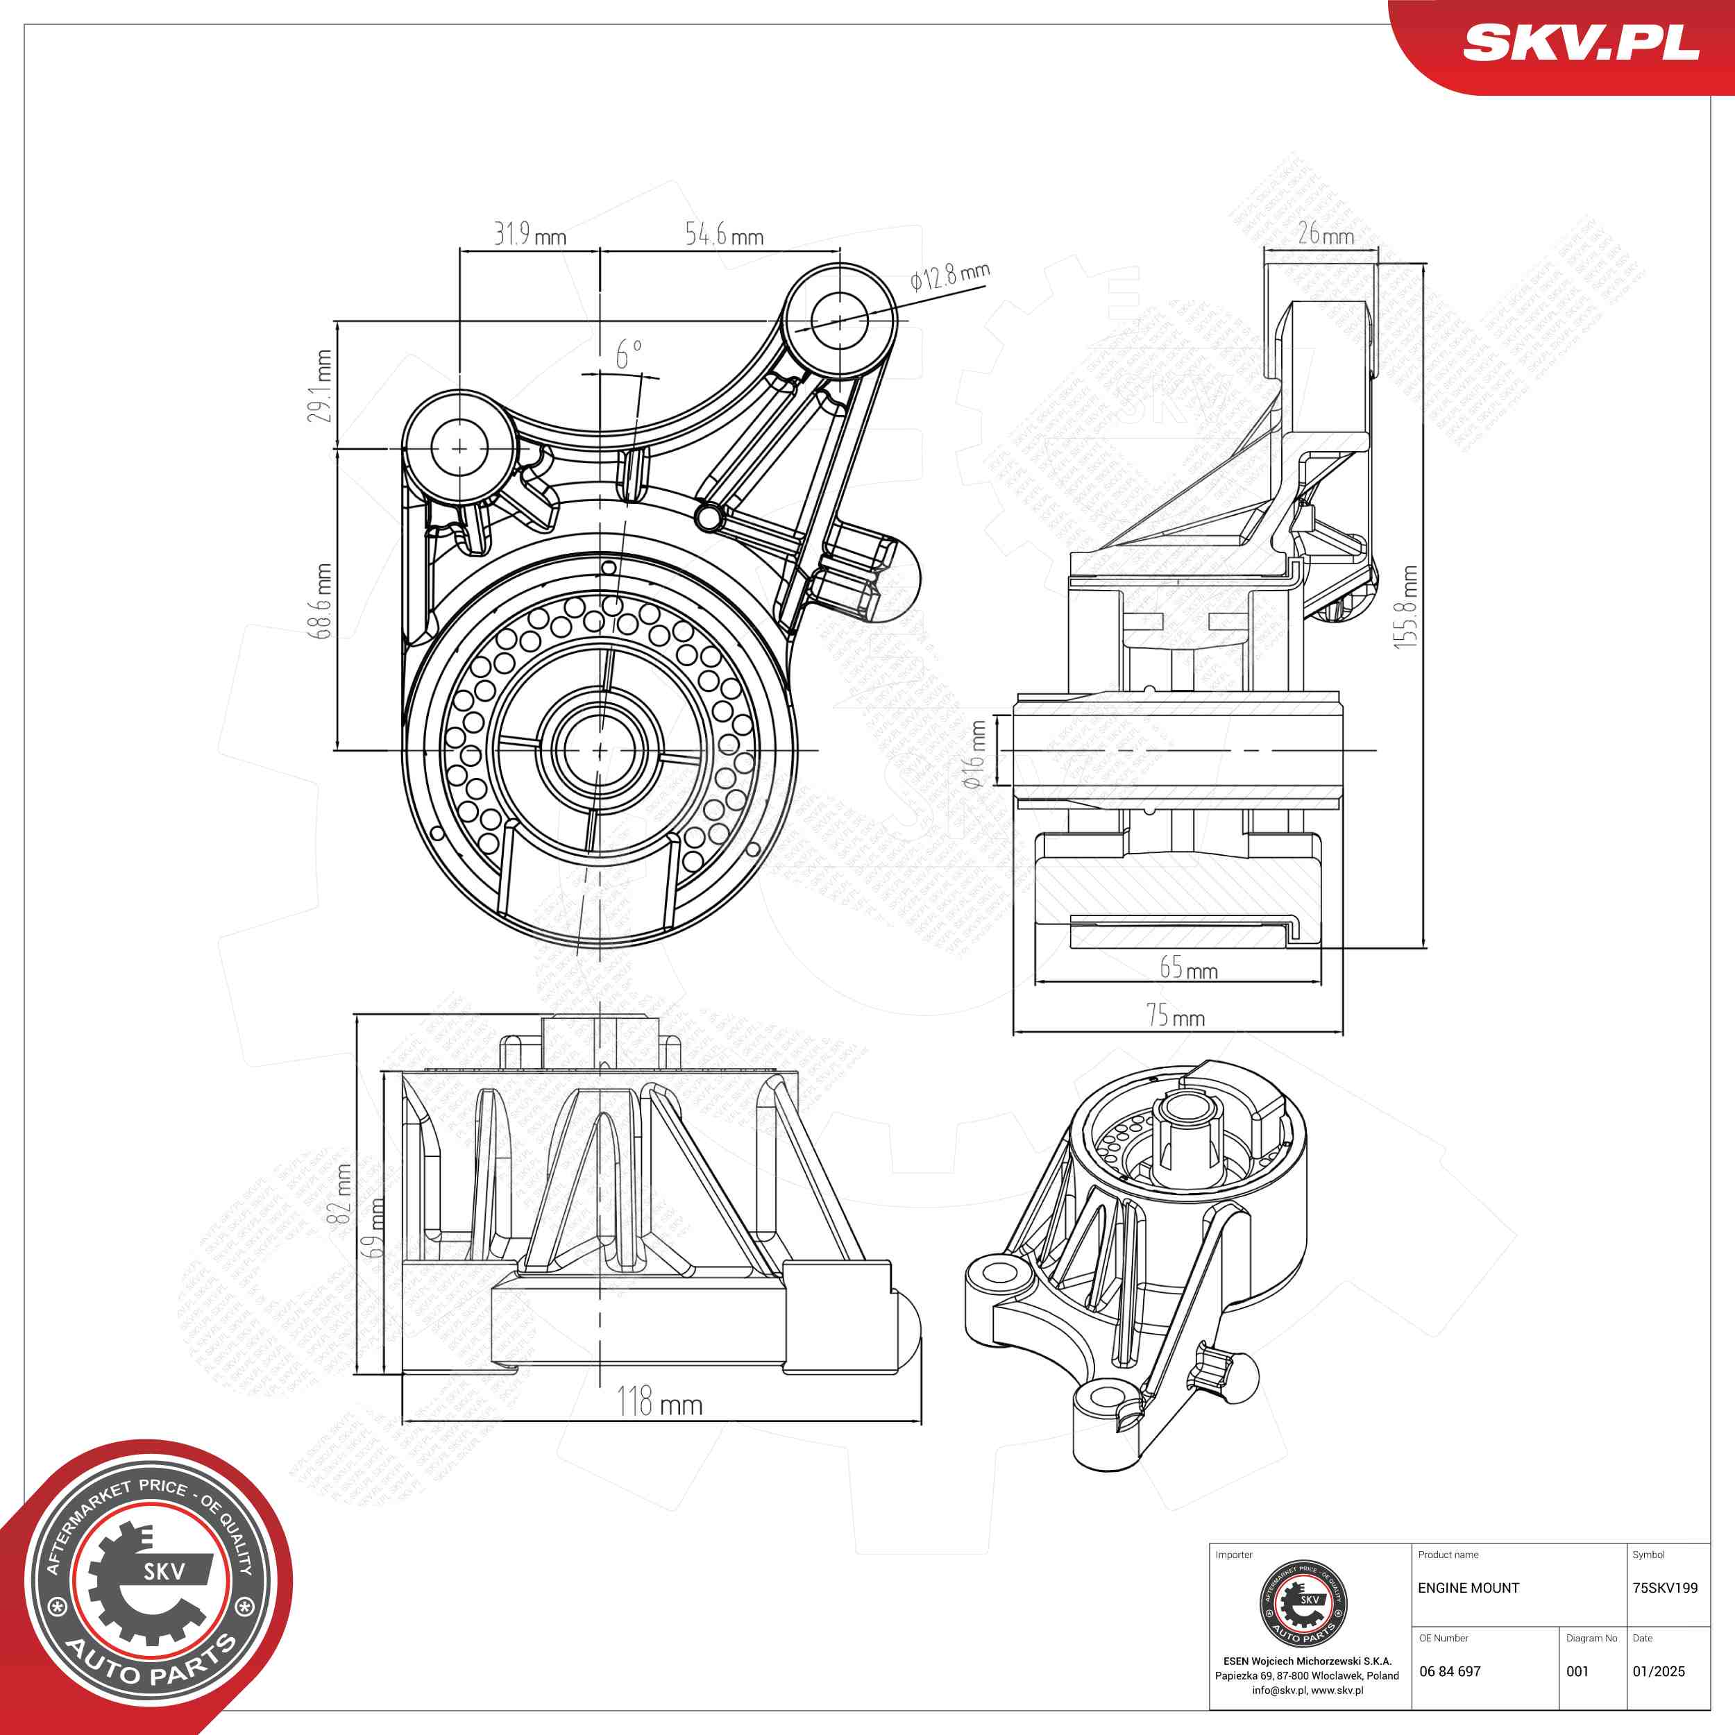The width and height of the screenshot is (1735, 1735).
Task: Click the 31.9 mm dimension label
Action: (530, 235)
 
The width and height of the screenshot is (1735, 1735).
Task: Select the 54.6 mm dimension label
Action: (724, 235)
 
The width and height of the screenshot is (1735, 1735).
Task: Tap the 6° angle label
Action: (629, 354)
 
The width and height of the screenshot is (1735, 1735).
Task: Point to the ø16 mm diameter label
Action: (974, 755)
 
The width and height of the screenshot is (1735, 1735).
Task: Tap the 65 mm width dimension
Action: (1188, 967)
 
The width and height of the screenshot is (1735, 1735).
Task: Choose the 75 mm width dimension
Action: (1176, 1016)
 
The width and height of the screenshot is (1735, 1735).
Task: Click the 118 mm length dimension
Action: (660, 1402)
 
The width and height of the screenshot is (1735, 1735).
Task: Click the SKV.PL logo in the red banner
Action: (1582, 43)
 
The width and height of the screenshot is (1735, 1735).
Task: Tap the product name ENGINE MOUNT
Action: (1469, 1588)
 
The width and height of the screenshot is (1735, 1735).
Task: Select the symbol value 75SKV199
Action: (1665, 1588)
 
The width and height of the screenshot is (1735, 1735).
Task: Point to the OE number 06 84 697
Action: (1450, 1671)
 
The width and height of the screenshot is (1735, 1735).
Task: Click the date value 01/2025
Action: (1659, 1671)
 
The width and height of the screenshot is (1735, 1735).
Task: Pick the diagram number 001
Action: (1578, 1671)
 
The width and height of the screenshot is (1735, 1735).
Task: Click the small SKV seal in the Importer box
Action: (1304, 1604)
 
